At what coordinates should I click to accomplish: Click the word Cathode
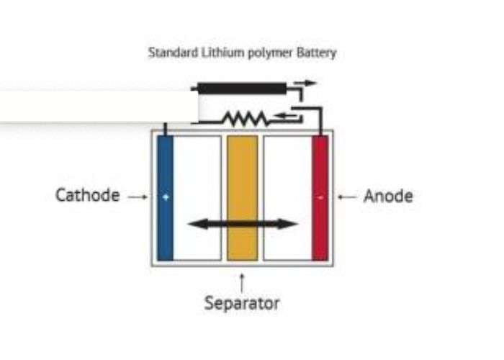pyautogui.click(x=87, y=195)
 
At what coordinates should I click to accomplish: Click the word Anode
pyautogui.click(x=388, y=196)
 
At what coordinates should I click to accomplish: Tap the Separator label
pyautogui.click(x=242, y=303)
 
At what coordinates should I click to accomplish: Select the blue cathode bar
pyautogui.click(x=165, y=198)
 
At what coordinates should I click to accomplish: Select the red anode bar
pyautogui.click(x=320, y=198)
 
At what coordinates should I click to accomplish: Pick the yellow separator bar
pyautogui.click(x=242, y=198)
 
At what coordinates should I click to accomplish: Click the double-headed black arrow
pyautogui.click(x=242, y=224)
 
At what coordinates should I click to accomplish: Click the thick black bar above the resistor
pyautogui.click(x=242, y=89)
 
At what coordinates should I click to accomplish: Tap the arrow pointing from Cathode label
pyautogui.click(x=138, y=196)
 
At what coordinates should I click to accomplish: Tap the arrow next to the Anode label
pyautogui.click(x=347, y=196)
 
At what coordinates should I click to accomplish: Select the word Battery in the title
pyautogui.click(x=316, y=53)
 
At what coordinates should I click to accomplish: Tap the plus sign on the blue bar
pyautogui.click(x=165, y=197)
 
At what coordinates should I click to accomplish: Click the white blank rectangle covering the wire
pyautogui.click(x=99, y=106)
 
